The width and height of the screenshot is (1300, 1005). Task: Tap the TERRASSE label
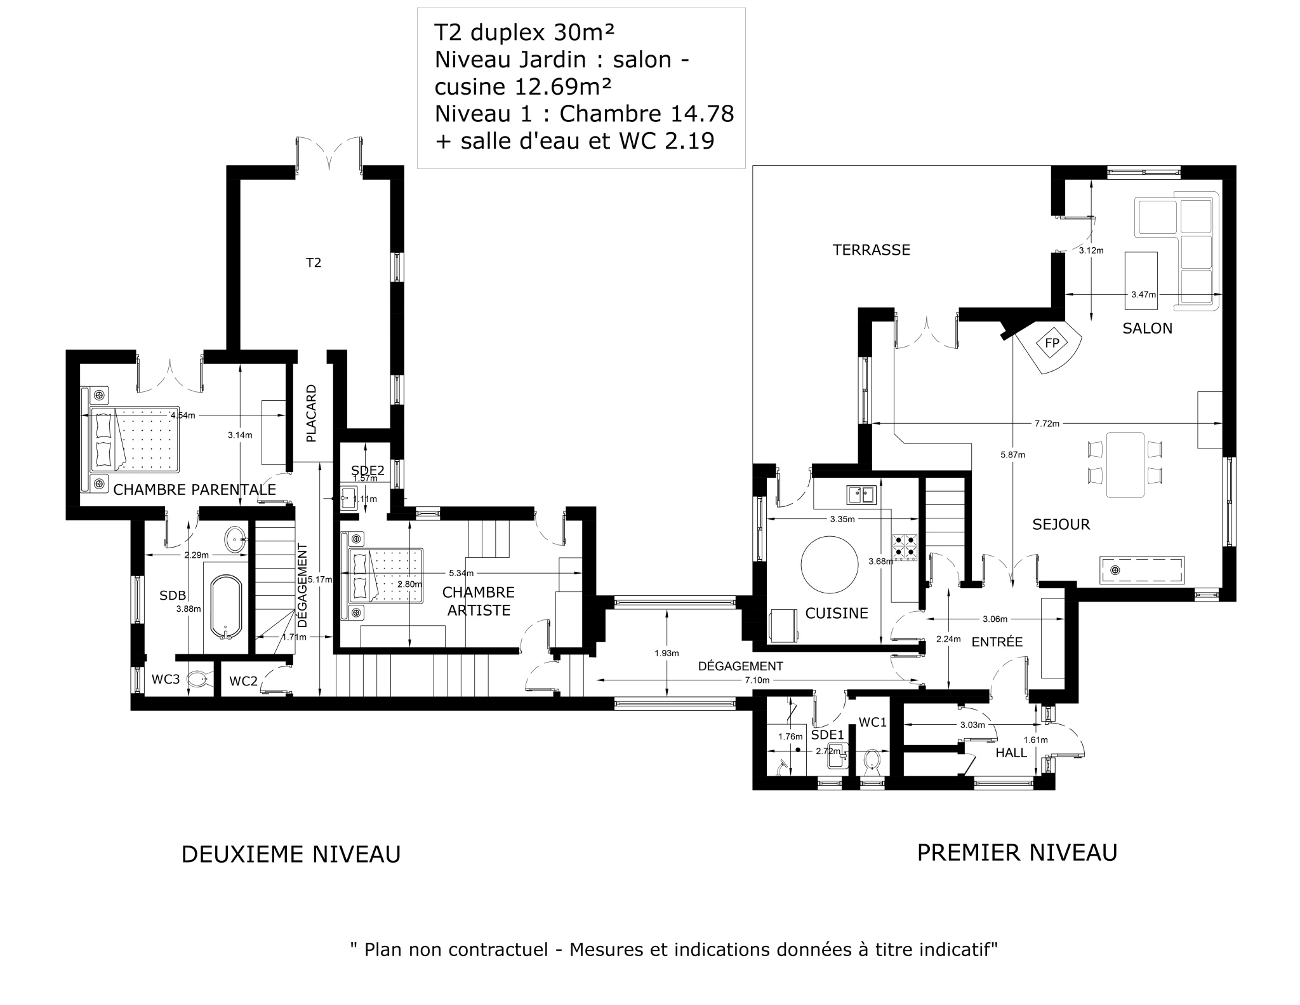[871, 250]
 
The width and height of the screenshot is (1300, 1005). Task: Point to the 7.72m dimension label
[1047, 424]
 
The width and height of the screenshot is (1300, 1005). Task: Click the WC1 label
[873, 722]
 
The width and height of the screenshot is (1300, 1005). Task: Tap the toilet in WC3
[199, 680]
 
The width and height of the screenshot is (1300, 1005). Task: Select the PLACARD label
[311, 414]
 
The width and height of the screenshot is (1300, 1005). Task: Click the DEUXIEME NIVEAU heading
[291, 855]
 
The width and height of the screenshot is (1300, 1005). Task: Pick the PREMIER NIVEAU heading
[1017, 853]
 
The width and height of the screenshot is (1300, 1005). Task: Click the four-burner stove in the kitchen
[905, 548]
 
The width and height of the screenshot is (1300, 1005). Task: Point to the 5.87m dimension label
[1012, 455]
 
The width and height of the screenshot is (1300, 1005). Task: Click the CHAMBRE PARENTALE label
[194, 490]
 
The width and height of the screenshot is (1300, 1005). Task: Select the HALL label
[1011, 753]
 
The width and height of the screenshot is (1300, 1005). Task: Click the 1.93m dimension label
[667, 653]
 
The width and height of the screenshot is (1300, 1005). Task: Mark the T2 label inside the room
[314, 262]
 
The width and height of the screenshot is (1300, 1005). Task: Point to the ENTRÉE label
[997, 642]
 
